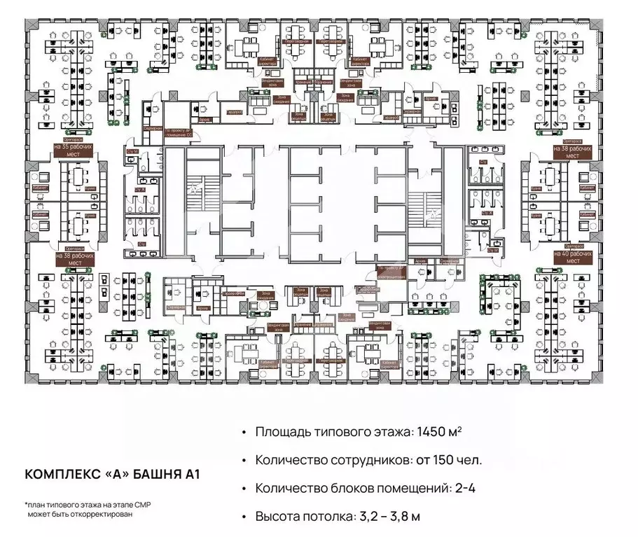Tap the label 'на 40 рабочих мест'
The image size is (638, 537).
click(572, 256)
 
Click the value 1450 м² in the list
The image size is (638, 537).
click(437, 432)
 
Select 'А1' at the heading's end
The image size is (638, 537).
click(191, 474)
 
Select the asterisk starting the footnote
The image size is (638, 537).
click(26, 503)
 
